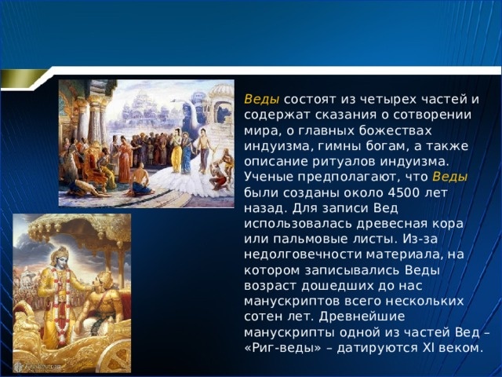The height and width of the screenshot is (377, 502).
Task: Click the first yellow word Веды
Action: (x=261, y=100)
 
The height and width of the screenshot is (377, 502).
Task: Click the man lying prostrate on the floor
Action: (x=86, y=188)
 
